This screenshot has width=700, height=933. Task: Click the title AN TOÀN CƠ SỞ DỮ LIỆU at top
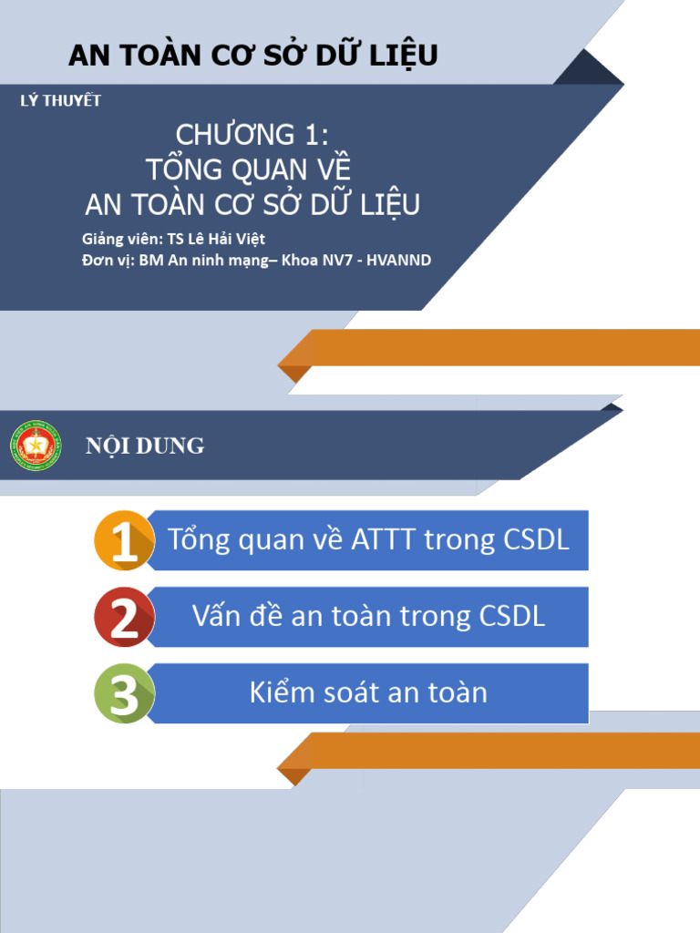tap(252, 56)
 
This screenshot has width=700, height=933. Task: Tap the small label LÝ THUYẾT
tap(60, 101)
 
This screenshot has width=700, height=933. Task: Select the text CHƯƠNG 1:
tap(252, 136)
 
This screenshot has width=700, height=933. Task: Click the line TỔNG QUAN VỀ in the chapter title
tap(248, 169)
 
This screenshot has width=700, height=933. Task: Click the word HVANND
tap(398, 261)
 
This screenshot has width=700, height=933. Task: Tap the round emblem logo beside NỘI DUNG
tap(36, 446)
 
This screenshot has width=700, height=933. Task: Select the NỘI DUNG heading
tap(145, 446)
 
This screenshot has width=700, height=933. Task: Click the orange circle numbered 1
tap(124, 541)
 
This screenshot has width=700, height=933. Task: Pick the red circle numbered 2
tap(124, 618)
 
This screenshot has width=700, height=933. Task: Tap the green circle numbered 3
tap(124, 694)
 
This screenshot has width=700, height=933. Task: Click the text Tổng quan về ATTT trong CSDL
tap(368, 540)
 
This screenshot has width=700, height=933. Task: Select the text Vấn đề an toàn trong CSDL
tap(368, 617)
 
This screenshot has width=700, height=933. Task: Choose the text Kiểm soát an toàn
tap(368, 693)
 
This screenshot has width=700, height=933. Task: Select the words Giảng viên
tap(119, 240)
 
